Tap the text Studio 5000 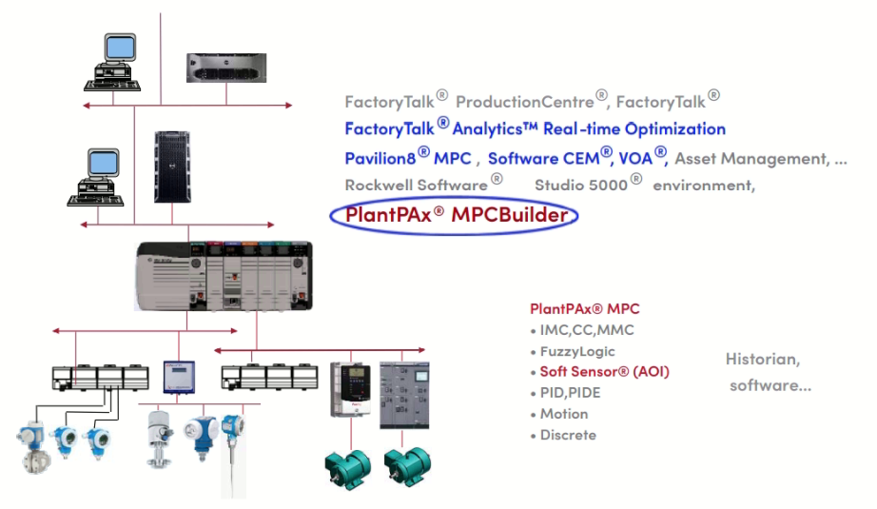point(580,185)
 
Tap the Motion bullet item point(563,414)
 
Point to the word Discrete point(568,435)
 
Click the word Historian point(762,360)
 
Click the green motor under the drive point(345,466)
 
